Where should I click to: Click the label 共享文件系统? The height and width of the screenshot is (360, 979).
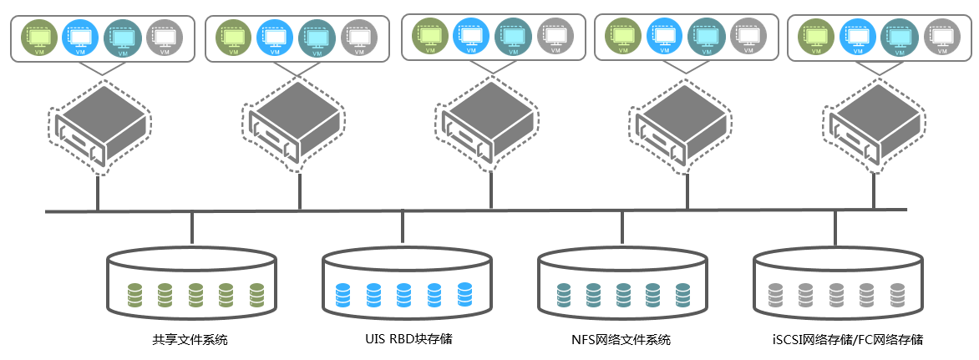pos(190,340)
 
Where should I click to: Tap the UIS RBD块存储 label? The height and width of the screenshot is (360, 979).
pos(403,339)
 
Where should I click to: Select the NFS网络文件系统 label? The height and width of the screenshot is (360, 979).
pos(621,340)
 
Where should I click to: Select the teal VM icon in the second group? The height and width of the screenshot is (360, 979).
pos(317,38)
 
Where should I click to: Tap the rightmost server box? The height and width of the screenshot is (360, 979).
pos(875,125)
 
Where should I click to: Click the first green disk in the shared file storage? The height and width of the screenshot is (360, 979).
pos(134,293)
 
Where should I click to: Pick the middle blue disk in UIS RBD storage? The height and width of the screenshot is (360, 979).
pos(403,293)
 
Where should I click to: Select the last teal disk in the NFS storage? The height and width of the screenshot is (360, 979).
pos(682,293)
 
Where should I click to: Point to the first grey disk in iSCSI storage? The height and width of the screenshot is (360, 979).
pos(774,293)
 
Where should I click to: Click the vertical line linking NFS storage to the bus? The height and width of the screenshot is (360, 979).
pos(622,231)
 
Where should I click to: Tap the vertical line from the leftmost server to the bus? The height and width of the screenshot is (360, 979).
pos(98,192)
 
